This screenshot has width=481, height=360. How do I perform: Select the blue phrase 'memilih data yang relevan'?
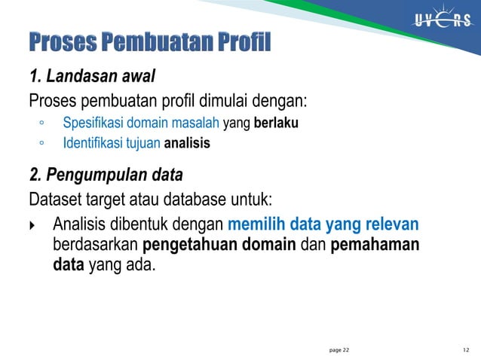pyautogui.click(x=323, y=224)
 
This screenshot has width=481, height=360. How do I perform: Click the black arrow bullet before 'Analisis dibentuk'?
pyautogui.click(x=32, y=225)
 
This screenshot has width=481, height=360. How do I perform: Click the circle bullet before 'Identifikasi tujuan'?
pyautogui.click(x=42, y=143)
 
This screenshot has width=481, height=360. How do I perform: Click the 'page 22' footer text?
pyautogui.click(x=340, y=350)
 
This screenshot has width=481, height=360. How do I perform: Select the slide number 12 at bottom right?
pyautogui.click(x=466, y=350)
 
